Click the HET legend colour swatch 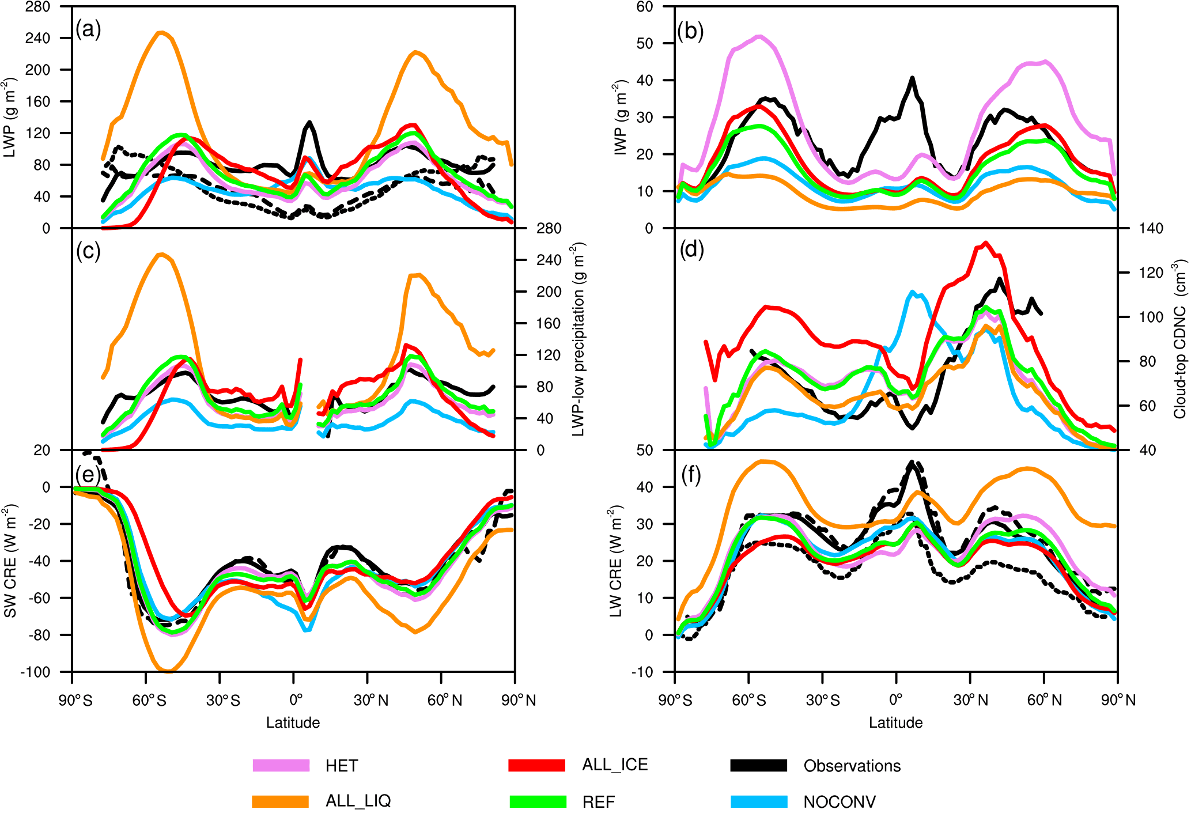pyautogui.click(x=281, y=765)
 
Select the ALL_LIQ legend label pyautogui.click(x=358, y=801)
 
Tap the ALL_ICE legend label pyautogui.click(x=615, y=765)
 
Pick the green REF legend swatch pyautogui.click(x=538, y=801)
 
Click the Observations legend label pyautogui.click(x=852, y=766)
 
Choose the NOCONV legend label pyautogui.click(x=840, y=801)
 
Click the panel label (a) pyautogui.click(x=88, y=29)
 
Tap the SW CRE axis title pyautogui.click(x=10, y=560)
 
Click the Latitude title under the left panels pyautogui.click(x=293, y=723)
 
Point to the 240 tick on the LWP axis pyautogui.click(x=37, y=38)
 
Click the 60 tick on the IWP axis pyautogui.click(x=644, y=7)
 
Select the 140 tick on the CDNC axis pyautogui.click(x=1151, y=228)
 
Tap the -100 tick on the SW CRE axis pyautogui.click(x=36, y=672)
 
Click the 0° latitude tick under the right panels pyautogui.click(x=895, y=700)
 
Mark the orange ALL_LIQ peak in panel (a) pyautogui.click(x=161, y=33)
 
